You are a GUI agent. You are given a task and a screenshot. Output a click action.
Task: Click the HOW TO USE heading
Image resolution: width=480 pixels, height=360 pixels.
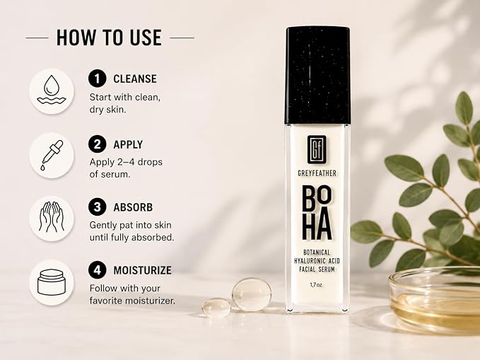tap(109, 37)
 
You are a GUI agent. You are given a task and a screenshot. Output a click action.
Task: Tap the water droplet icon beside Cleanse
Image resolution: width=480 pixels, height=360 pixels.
tap(52, 91)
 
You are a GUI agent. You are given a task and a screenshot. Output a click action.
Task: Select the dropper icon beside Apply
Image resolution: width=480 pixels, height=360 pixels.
tap(52, 156)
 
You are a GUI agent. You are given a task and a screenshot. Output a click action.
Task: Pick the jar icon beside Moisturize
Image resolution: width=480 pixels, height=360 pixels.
tap(52, 282)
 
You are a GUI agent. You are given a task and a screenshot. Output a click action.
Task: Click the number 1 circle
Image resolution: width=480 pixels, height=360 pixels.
tap(97, 79)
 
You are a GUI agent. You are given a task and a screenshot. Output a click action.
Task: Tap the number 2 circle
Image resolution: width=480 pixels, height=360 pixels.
tap(97, 144)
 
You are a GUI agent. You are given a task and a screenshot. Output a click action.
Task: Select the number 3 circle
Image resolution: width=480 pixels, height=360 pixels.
tap(97, 207)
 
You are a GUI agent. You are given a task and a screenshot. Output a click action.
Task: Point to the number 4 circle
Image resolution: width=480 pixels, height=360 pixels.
tap(97, 270)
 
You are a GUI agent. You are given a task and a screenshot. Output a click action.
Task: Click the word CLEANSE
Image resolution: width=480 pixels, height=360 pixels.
tap(135, 79)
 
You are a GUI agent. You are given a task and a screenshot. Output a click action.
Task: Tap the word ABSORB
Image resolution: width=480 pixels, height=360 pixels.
tap(133, 207)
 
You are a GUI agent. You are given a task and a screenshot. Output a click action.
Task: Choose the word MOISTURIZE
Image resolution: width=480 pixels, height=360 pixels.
tap(142, 271)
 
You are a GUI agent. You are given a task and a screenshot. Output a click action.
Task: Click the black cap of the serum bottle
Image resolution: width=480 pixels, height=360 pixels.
tap(317, 76)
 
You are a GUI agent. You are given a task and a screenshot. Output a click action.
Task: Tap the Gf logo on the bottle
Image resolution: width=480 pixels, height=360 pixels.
tap(317, 149)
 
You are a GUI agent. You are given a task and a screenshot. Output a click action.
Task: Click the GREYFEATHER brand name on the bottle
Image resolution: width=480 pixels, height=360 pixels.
tap(317, 173)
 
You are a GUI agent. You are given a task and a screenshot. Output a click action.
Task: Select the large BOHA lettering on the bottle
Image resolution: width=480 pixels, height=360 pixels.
tap(317, 213)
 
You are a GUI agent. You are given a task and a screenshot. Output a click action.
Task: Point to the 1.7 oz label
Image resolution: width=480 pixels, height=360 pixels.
tap(316, 285)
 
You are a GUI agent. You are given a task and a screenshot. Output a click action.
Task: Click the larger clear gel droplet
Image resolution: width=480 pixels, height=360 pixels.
tap(252, 294)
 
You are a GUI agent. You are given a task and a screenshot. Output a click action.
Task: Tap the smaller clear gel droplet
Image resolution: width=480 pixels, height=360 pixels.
tap(216, 307)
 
